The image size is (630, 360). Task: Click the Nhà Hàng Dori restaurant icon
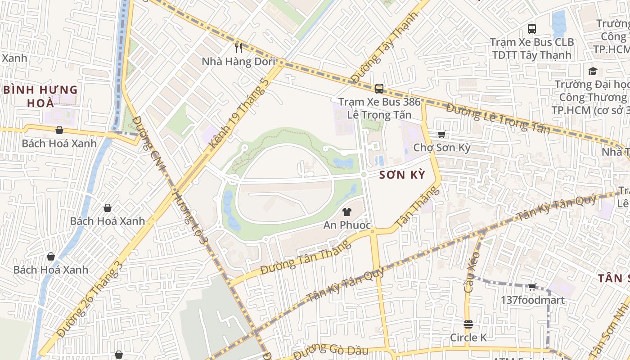(x=238, y=48)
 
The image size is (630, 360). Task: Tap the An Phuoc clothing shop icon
(x=346, y=211)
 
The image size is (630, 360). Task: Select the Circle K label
(x=468, y=337)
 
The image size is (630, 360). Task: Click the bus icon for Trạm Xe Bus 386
(x=379, y=88)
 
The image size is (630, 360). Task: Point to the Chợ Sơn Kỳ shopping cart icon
(x=441, y=134)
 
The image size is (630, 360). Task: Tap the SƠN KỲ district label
(x=402, y=175)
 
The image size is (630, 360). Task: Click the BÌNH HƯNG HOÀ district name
(x=40, y=96)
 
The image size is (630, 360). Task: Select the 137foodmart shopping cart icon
(x=532, y=287)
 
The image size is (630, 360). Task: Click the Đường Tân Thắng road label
(x=305, y=258)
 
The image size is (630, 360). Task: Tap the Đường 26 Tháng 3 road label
(x=90, y=300)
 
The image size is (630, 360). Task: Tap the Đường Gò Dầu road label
(x=330, y=351)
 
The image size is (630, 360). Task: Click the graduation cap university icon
(x=593, y=71)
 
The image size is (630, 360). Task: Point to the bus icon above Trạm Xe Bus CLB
(x=531, y=29)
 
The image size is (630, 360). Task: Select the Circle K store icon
(x=468, y=324)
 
